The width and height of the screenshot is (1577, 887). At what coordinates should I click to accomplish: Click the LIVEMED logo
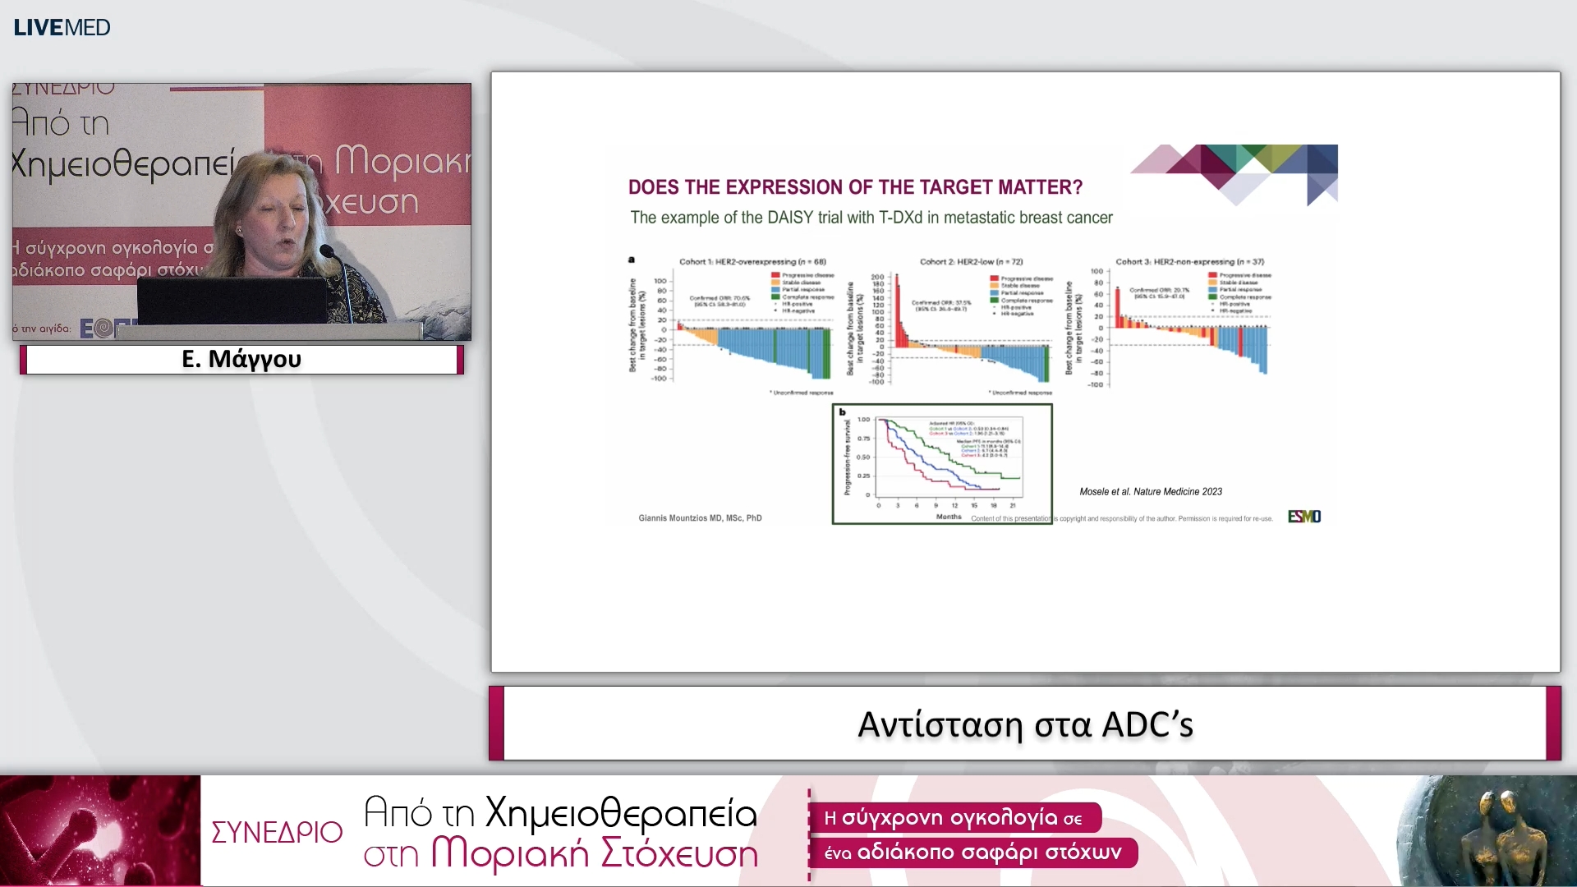point(62,27)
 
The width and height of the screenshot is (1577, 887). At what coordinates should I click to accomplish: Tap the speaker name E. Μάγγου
point(241,359)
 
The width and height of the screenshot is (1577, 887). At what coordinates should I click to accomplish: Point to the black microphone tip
point(327,250)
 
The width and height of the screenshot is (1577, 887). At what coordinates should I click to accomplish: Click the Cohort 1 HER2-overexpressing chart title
point(752,262)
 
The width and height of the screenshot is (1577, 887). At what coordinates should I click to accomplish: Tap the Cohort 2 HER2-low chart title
point(970,262)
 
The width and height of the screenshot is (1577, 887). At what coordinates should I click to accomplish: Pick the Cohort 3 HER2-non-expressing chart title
point(1188,262)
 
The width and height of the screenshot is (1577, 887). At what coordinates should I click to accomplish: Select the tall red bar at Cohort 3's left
point(1118,308)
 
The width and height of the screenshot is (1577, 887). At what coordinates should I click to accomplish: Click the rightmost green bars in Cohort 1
point(825,353)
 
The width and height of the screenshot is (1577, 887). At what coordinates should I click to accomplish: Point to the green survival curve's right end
point(1018,478)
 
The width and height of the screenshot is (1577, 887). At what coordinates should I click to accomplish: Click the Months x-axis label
point(948,517)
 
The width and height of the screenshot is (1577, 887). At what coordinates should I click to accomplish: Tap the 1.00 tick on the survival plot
point(863,420)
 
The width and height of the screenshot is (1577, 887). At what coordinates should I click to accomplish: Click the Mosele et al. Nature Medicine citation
point(1150,492)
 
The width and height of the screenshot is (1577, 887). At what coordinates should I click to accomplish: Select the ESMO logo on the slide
point(1303,517)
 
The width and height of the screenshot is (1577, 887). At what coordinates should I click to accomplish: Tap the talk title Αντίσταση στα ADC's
point(1024,724)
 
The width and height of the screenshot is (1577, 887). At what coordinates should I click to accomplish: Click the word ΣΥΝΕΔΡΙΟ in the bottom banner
point(277,832)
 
